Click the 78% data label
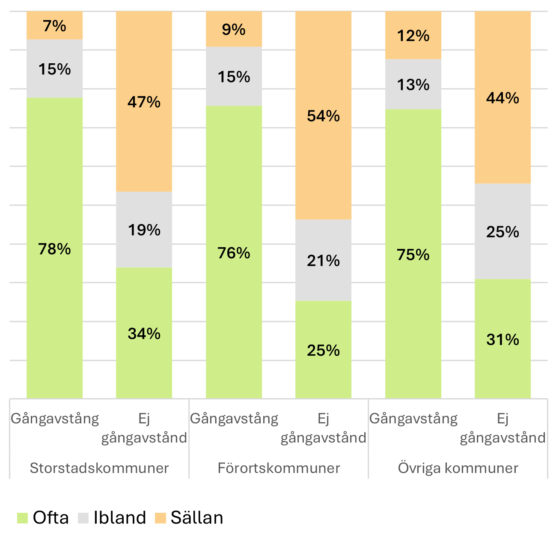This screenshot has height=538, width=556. [54, 249]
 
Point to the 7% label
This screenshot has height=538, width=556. [54, 26]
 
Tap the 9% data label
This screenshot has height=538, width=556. [234, 30]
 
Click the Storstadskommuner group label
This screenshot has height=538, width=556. [99, 468]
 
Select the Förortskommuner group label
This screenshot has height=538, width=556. [279, 468]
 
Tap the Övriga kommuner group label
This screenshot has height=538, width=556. [458, 468]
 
